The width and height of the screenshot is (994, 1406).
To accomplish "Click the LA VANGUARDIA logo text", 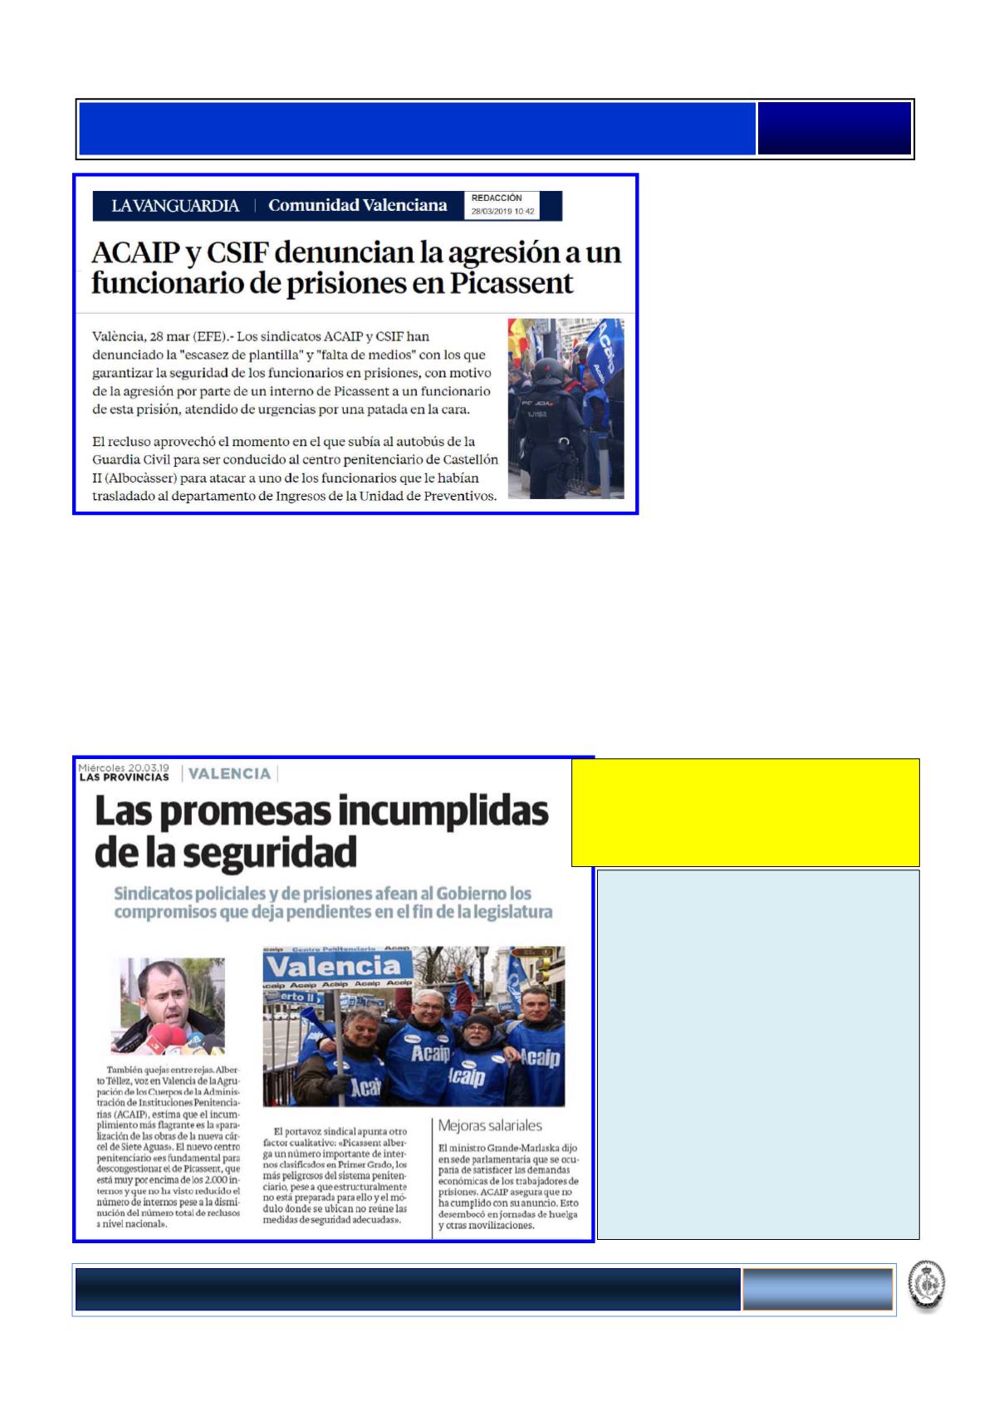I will (175, 206).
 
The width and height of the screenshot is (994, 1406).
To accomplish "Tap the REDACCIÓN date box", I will (503, 205).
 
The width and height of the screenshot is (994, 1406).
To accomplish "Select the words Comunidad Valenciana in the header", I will (357, 205).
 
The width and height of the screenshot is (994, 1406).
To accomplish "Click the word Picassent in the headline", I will (512, 283).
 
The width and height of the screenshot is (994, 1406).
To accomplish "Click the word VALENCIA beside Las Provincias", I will (229, 773).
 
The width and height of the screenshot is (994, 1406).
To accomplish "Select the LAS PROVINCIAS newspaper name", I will (124, 777).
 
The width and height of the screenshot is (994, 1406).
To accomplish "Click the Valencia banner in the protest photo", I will (337, 967).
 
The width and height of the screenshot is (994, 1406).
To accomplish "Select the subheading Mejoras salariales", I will (490, 1126).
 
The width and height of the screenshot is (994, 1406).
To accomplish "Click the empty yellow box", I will (745, 812).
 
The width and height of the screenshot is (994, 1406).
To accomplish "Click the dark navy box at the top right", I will (834, 129).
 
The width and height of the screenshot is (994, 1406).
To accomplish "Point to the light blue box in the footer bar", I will (817, 1289).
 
